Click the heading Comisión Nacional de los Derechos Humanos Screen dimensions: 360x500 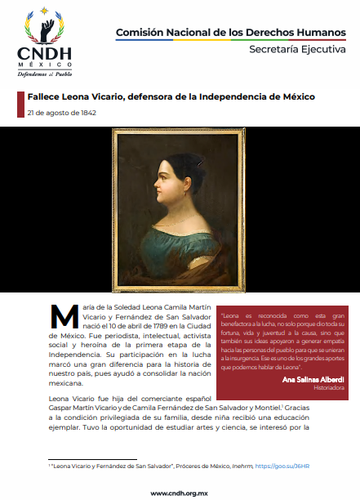231,32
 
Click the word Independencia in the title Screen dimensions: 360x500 247,96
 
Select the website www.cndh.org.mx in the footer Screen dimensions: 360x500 179,493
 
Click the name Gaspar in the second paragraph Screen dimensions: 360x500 64,408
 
